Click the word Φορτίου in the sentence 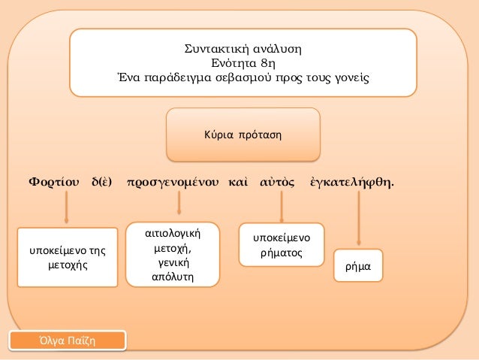pyautogui.click(x=53, y=182)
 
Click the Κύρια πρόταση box pyautogui.click(x=243, y=135)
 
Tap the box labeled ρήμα pyautogui.click(x=359, y=266)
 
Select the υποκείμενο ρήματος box pyautogui.click(x=281, y=245)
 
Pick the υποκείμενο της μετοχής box pyautogui.click(x=68, y=257)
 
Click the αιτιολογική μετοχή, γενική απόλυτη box pyautogui.click(x=173, y=254)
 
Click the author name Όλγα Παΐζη pyautogui.click(x=68, y=341)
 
